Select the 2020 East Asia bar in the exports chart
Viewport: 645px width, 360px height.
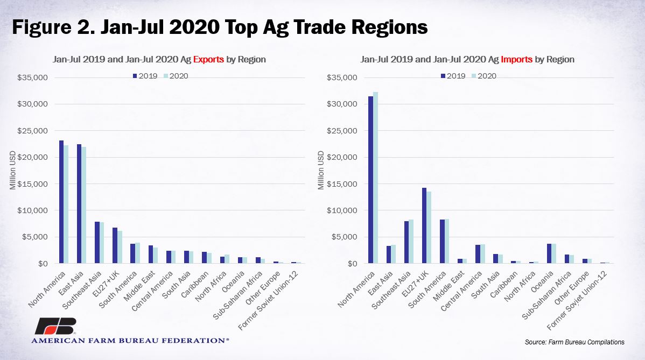(x=84, y=205)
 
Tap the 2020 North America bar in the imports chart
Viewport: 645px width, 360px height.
(x=375, y=178)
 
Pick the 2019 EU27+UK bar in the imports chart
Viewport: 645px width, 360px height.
(x=424, y=225)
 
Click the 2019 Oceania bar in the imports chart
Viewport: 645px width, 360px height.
(x=549, y=253)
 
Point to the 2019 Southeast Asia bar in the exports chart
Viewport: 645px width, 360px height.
(x=97, y=243)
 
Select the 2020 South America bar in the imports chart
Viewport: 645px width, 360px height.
(x=447, y=241)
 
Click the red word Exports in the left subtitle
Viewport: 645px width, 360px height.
(x=208, y=59)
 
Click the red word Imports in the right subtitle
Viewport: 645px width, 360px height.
(x=517, y=59)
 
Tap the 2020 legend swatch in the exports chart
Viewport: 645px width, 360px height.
(x=166, y=76)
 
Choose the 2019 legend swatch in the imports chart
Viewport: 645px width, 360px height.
(x=443, y=76)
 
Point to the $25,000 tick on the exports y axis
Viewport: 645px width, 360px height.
(x=32, y=131)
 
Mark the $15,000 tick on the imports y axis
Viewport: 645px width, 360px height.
(x=342, y=183)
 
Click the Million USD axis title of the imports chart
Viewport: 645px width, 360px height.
(x=321, y=170)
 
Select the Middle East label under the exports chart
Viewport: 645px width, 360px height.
(x=140, y=286)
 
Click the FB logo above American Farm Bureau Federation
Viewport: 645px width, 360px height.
(x=55, y=326)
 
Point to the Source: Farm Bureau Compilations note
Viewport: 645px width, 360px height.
(x=574, y=342)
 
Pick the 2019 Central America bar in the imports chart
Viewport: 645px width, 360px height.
(x=478, y=254)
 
